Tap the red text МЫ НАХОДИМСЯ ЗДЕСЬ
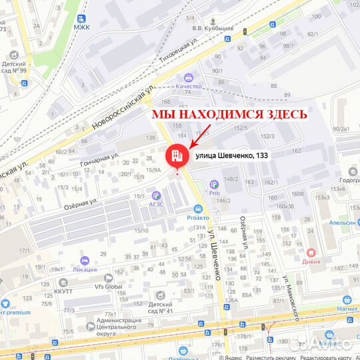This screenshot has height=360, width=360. (x=229, y=114)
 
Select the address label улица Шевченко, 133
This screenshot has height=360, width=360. (x=231, y=155)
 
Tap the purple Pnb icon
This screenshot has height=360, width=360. (x=214, y=183)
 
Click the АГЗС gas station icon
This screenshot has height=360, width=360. (x=156, y=195)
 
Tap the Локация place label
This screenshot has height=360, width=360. (x=85, y=269)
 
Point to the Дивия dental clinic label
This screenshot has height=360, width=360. (x=311, y=262)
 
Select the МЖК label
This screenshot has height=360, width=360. (x=82, y=27)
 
